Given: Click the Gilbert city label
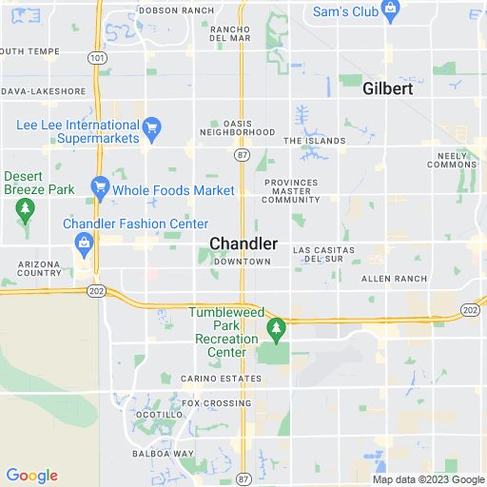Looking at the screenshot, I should [387, 88].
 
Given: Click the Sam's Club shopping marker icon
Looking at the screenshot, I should [390, 10].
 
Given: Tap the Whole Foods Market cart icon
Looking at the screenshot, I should [99, 189].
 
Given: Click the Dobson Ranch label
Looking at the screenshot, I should [178, 10].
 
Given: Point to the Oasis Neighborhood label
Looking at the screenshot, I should [235, 127].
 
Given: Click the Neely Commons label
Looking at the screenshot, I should [452, 159].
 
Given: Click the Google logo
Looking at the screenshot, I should [31, 475].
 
